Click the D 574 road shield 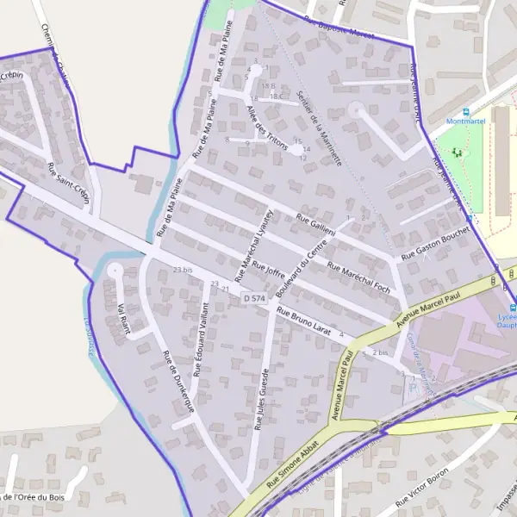tap(253, 298)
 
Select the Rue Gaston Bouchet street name tap(434, 242)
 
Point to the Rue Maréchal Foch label tap(359, 278)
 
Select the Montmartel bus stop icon tap(466, 111)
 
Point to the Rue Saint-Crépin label tap(68, 181)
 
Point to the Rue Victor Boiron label tap(425, 488)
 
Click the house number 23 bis tap(182, 271)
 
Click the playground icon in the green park tap(457, 153)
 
